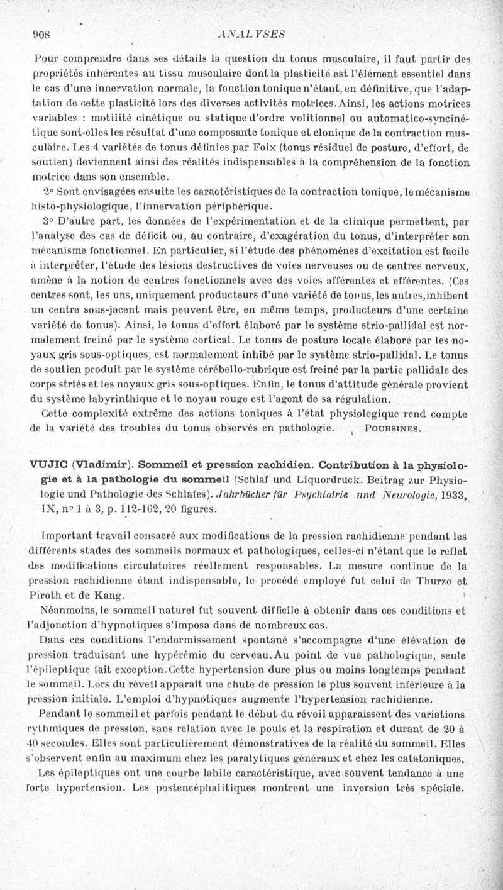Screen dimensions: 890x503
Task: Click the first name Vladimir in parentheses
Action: pos(104,466)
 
